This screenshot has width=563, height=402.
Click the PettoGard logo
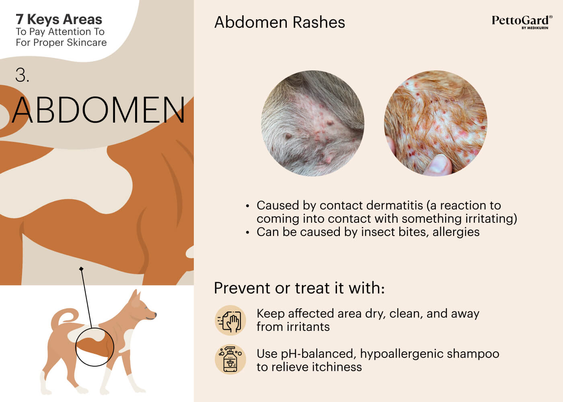522,22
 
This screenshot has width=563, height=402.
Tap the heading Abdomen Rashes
279,22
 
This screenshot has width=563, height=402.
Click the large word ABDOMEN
99,110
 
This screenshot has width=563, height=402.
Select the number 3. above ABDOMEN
22,75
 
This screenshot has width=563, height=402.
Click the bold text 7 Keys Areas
59,19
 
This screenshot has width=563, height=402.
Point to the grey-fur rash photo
313,123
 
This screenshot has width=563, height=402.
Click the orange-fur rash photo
436,123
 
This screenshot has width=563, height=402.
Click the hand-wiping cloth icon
230,320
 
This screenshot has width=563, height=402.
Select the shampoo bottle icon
230,359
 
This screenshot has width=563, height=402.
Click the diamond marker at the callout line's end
81,269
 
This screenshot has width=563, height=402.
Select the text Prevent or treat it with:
299,288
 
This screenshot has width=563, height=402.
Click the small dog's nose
155,314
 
